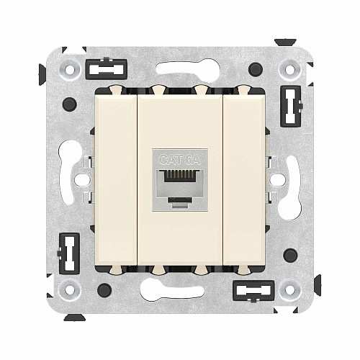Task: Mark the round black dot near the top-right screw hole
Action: click(x=255, y=70)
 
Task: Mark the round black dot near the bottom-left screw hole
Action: click(x=105, y=291)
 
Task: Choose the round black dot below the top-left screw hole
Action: click(x=70, y=105)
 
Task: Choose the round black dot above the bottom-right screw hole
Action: click(x=290, y=255)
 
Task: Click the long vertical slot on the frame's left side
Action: click(x=72, y=155)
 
